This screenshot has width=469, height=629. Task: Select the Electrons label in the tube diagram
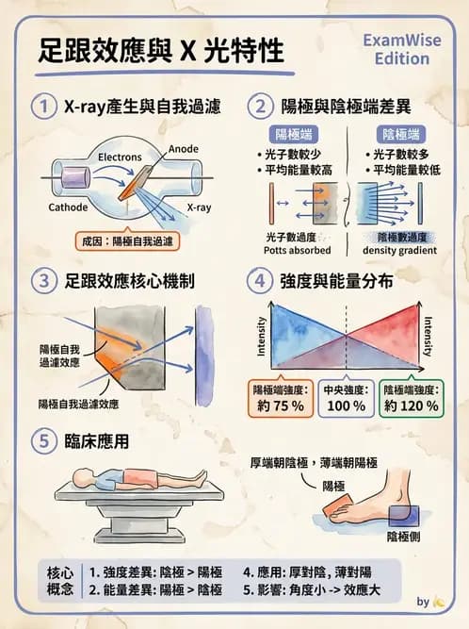pos(120,157)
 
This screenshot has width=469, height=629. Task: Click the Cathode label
pos(68,207)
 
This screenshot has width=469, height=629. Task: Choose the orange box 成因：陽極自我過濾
pos(128,241)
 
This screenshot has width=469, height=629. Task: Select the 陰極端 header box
pos(398,133)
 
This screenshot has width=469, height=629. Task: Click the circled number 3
pos(42,280)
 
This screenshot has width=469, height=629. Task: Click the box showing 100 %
pos(345,398)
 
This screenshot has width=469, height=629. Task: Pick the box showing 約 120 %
pos(411,398)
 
